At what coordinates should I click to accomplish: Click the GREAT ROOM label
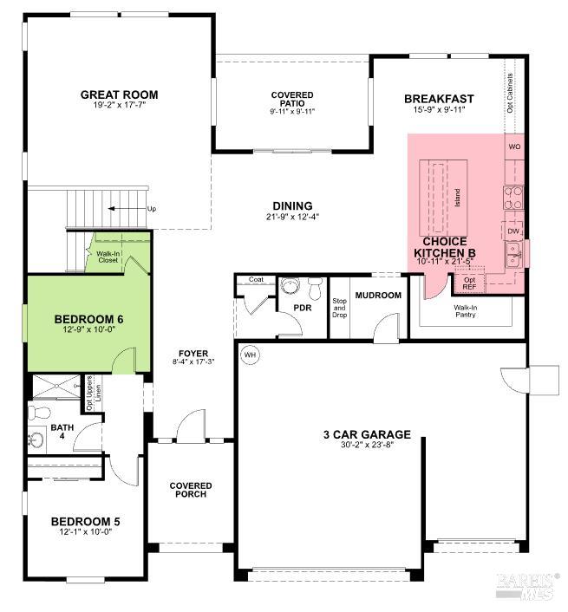coord(119,94)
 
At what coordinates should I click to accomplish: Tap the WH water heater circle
coord(251,355)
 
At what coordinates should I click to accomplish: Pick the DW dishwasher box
coord(513,231)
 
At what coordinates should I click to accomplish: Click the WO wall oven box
coord(514,146)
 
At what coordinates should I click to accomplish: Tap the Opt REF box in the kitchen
coord(469,283)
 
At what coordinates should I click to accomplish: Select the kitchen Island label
coord(457,198)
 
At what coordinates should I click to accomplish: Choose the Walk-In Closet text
coord(108,257)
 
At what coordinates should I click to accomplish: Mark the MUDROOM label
coord(378,296)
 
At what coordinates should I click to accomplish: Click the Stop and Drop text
coord(340,308)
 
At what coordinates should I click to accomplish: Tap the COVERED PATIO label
coord(291,99)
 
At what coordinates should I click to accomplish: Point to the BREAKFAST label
coord(439,99)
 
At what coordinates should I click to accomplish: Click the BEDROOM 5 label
coord(85,521)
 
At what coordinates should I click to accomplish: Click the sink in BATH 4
coord(36,440)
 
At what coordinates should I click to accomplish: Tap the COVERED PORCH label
coord(191,492)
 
